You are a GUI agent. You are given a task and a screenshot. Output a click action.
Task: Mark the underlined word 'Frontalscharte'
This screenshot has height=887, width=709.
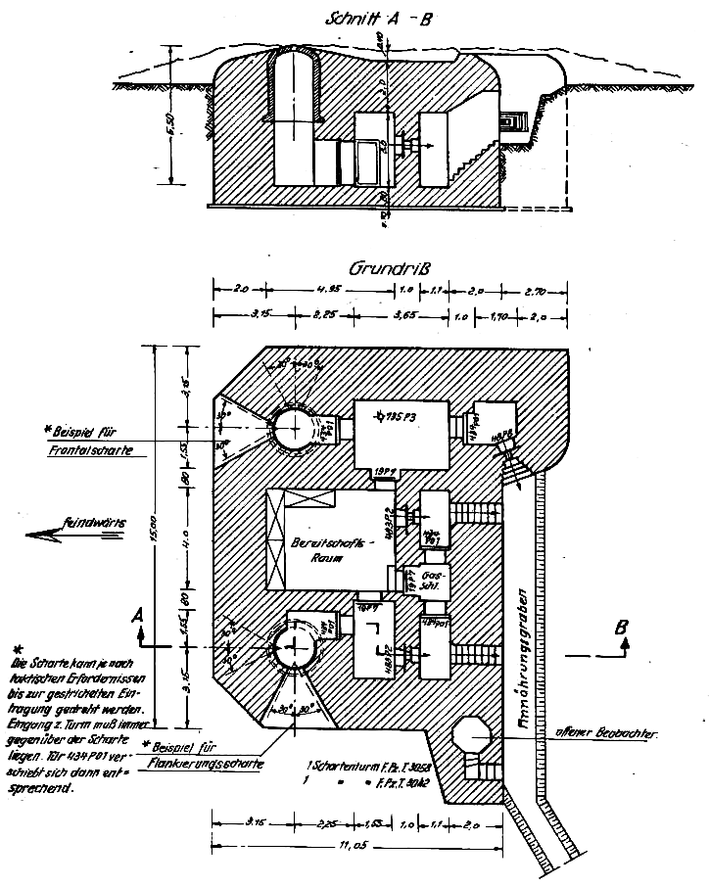(x=88, y=449)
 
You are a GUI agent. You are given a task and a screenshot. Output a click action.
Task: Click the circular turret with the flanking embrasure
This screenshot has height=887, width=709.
(x=293, y=645)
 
